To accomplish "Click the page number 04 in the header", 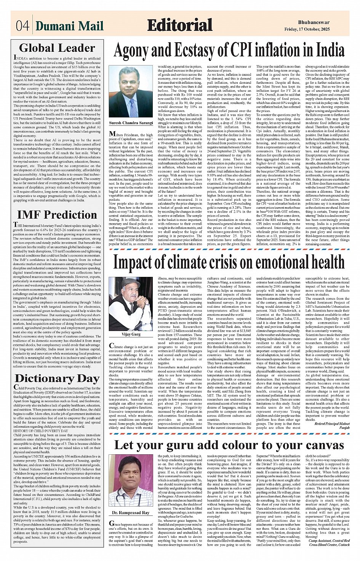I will [x=22, y=26].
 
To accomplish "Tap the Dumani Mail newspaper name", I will [x=70, y=26].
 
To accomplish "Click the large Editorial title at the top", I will [x=179, y=25].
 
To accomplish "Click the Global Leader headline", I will [x=57, y=48].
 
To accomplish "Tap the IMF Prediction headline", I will [x=57, y=215].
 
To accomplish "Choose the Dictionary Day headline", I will [x=57, y=378].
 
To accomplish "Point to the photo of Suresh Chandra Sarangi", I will [x=131, y=91].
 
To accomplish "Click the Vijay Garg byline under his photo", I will [x=131, y=334].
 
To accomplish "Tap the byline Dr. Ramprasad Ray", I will [x=131, y=513].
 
